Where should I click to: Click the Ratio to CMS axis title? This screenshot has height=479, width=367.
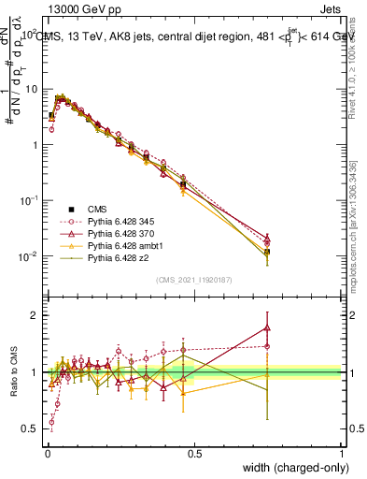pos(12,372)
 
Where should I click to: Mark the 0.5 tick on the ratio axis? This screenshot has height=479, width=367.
pos(32,428)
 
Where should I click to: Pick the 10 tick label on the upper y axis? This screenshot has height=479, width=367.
pos(31,89)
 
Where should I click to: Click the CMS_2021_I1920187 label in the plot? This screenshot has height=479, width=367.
pos(194,280)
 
